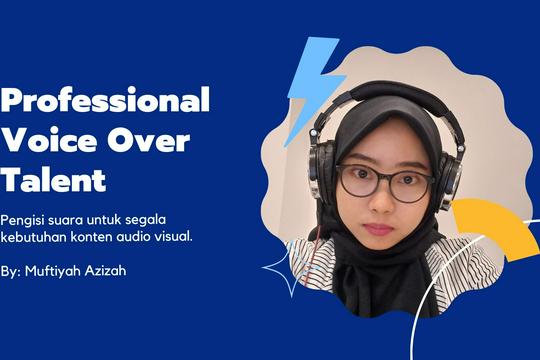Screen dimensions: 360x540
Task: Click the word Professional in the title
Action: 105,101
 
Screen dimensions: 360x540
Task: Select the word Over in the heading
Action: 150,141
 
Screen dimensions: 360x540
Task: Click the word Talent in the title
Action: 54,181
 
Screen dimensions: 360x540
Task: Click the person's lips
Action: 383,228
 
